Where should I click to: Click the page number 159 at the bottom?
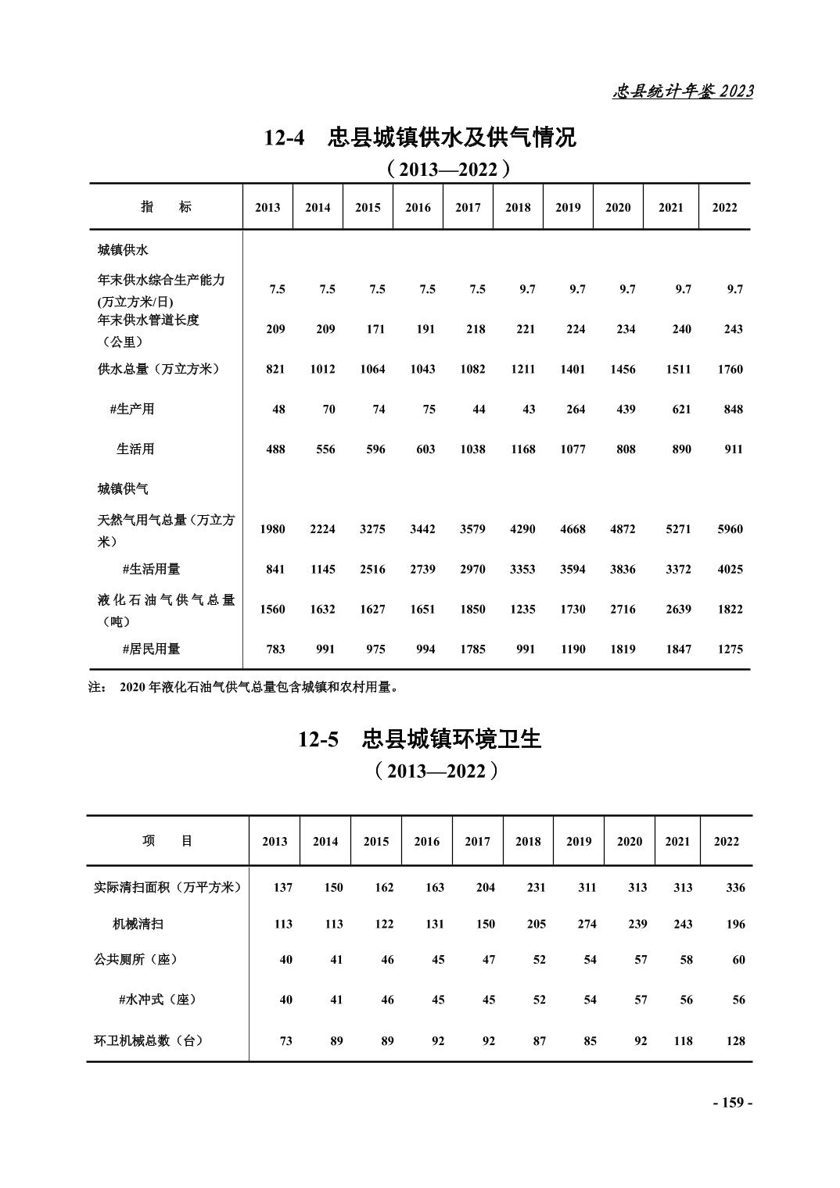(732, 1102)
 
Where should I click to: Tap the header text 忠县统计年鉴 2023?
(682, 91)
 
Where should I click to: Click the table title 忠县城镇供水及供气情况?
(451, 138)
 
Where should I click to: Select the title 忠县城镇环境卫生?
(451, 739)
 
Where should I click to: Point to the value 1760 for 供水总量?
(730, 369)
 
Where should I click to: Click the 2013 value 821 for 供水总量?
(275, 369)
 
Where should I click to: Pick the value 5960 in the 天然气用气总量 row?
(730, 529)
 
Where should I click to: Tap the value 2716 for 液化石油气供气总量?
(623, 609)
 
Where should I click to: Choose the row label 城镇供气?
(123, 489)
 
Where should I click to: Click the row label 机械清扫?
(138, 924)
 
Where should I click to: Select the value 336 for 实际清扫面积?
(735, 887)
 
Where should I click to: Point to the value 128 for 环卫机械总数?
(735, 1040)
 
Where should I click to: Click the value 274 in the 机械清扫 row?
(587, 924)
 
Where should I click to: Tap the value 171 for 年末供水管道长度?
(375, 329)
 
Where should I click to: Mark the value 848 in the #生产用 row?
(733, 409)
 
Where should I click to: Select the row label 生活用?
(135, 449)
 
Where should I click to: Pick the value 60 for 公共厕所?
(738, 960)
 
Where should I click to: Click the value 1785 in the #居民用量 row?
(472, 649)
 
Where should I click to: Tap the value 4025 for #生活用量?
(730, 569)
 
